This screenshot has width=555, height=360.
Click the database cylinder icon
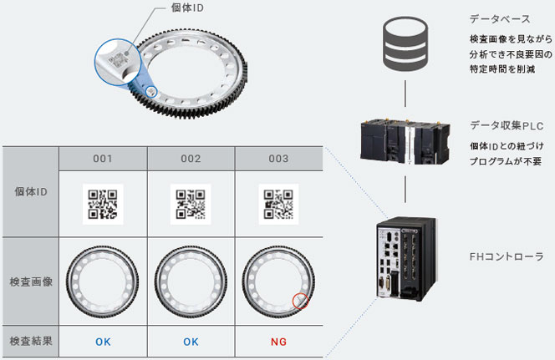405,43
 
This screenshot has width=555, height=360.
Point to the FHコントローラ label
508,256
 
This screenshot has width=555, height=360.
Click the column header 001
103,159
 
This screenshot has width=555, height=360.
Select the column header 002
190,159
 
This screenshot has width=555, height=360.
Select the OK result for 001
103,342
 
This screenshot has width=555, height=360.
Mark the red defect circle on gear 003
299,301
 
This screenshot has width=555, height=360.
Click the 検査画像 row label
31,281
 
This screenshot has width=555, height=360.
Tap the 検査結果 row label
31,342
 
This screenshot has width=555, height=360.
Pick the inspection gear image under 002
190,281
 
